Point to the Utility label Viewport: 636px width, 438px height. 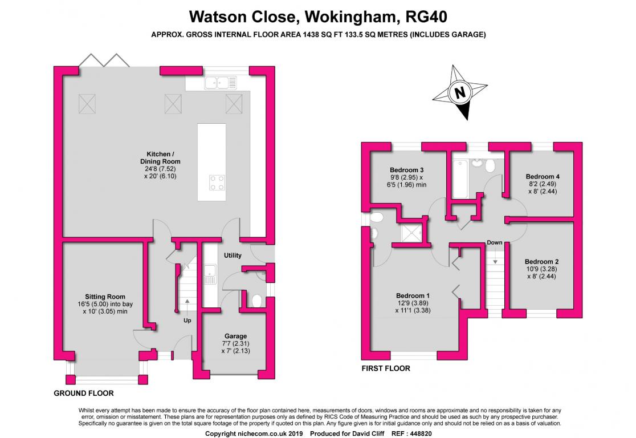coord(233,255)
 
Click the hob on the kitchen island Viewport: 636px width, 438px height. coord(217,182)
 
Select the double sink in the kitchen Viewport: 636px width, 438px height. coord(217,83)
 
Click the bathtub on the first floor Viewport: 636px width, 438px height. coord(459,176)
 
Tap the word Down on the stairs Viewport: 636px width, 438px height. coord(495,243)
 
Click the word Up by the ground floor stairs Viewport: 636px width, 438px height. coord(187,320)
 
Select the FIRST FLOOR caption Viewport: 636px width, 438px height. coord(386,368)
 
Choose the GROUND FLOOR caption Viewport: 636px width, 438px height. coord(83,393)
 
